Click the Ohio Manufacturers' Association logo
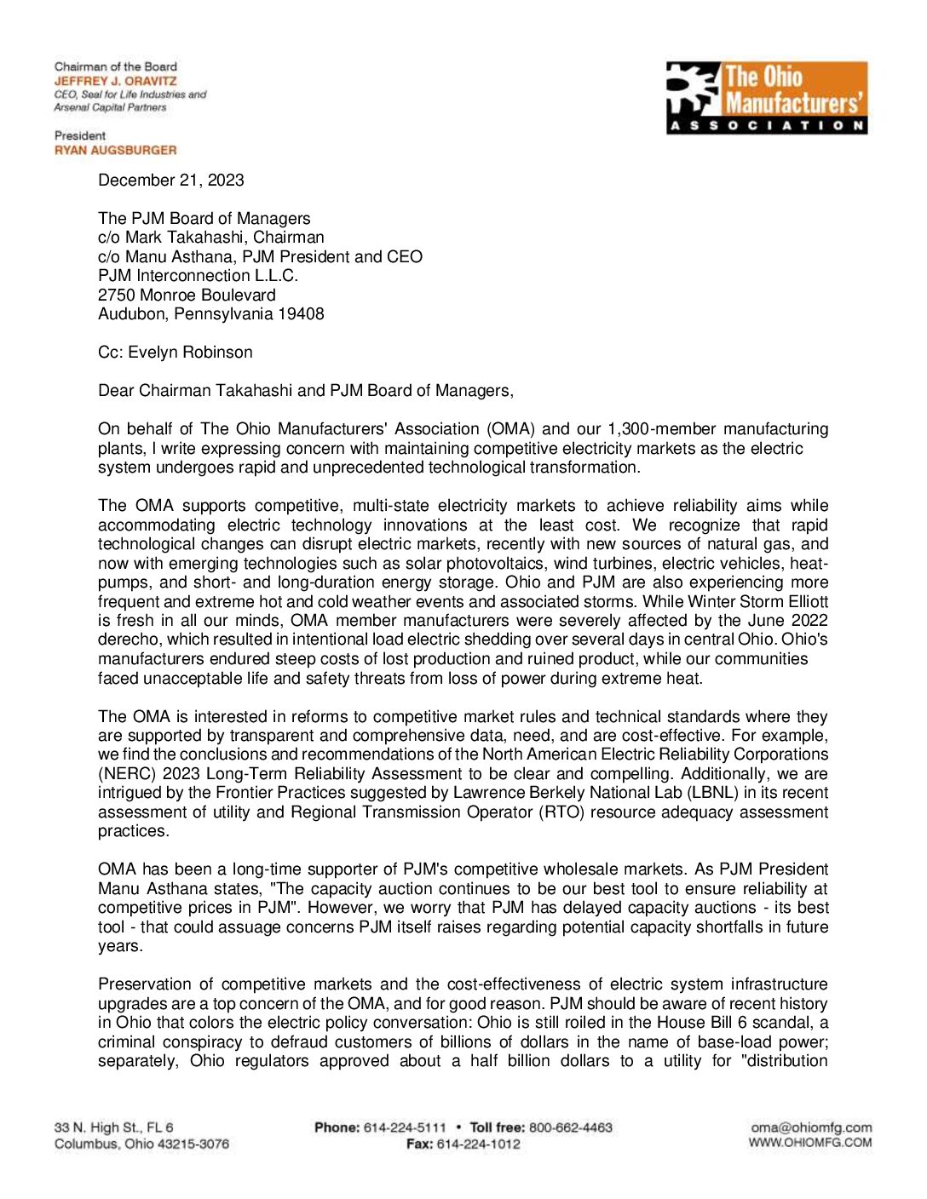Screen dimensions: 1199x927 766,97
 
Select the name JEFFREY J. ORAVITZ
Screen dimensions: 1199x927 116,81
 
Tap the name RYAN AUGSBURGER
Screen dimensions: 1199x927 116,150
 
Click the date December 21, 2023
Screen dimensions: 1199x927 171,180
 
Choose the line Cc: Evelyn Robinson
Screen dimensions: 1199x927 176,352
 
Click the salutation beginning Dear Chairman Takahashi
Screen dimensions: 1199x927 306,390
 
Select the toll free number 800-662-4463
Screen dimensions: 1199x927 570,1127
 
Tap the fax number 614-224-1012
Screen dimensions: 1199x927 478,1144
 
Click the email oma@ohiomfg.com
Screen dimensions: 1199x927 811,1127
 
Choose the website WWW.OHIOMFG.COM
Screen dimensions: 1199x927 810,1143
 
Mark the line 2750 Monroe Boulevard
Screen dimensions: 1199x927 187,295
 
